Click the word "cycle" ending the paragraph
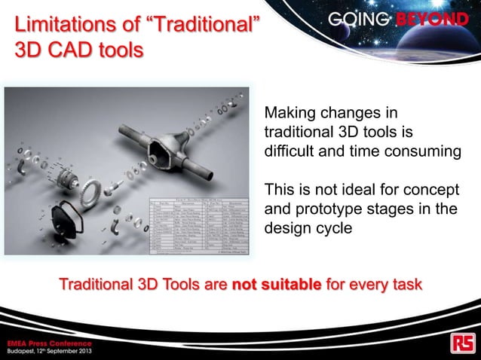pyautogui.click(x=331, y=227)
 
